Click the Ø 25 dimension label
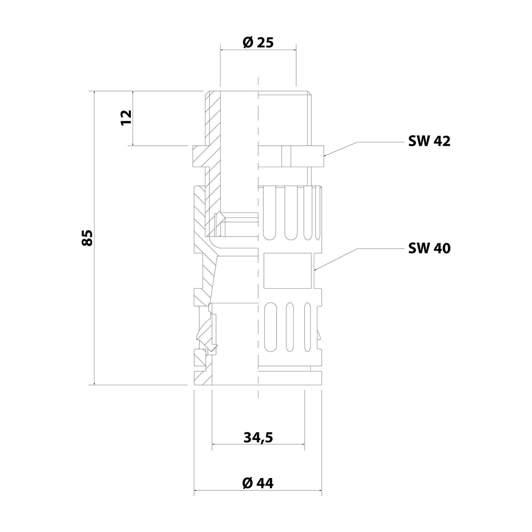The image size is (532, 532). (x=258, y=43)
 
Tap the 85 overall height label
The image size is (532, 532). (x=87, y=238)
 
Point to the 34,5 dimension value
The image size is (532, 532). (x=258, y=438)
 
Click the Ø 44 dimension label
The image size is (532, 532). (x=258, y=483)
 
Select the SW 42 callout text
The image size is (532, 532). (x=429, y=142)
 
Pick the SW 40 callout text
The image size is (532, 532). (x=429, y=248)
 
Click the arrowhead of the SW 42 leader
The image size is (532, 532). (x=325, y=155)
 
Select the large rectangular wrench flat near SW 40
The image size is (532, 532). (x=288, y=270)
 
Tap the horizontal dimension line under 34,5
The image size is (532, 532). (x=258, y=444)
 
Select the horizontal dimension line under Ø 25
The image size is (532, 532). (x=258, y=50)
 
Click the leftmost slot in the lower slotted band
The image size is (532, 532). (x=270, y=328)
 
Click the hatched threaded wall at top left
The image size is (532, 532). (x=212, y=117)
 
